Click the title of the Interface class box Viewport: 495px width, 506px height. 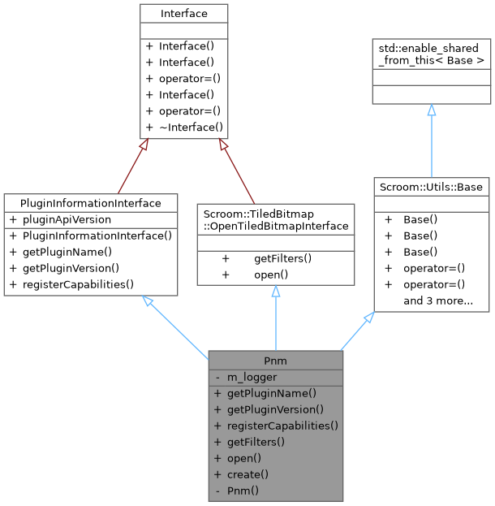[x=183, y=14]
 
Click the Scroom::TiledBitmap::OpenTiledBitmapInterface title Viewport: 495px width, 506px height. [x=276, y=219]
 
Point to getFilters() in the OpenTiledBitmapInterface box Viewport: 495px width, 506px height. [x=282, y=258]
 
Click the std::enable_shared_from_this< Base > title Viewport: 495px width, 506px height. [x=431, y=54]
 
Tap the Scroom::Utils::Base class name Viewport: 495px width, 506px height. [x=431, y=187]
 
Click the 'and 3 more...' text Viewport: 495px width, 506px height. [x=438, y=301]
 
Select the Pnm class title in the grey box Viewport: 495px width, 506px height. [x=276, y=360]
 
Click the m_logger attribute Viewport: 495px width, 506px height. [x=252, y=377]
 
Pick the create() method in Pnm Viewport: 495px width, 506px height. [x=247, y=474]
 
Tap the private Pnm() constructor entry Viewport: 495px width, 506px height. [x=243, y=491]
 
